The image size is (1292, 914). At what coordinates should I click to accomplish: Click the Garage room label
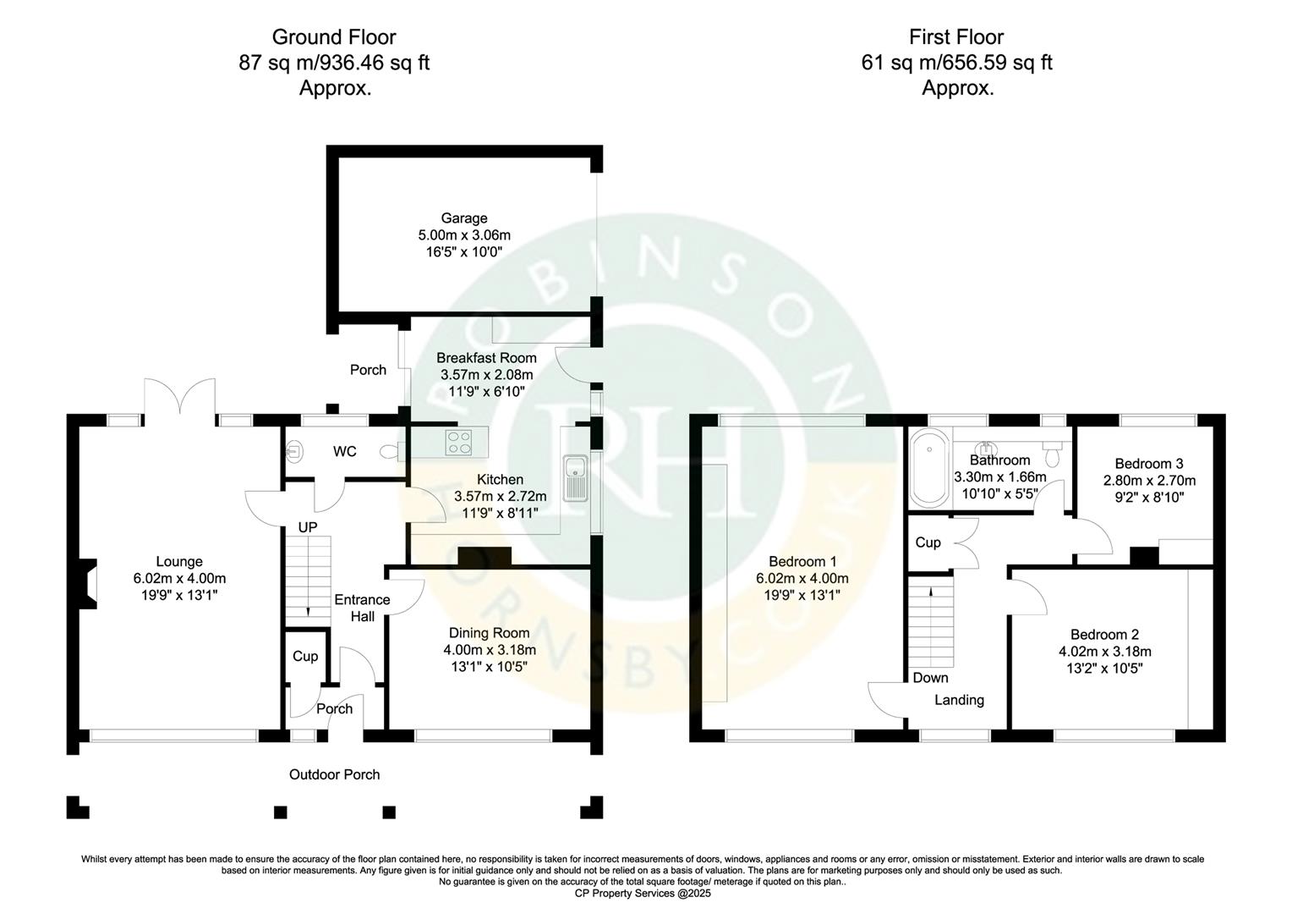[463, 218]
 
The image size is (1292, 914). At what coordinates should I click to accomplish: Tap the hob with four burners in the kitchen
[459, 440]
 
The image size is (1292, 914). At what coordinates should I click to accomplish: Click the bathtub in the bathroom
[929, 468]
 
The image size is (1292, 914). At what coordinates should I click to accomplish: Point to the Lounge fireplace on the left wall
[89, 585]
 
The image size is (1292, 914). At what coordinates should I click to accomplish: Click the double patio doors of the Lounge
[178, 398]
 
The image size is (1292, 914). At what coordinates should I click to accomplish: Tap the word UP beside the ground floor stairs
[307, 527]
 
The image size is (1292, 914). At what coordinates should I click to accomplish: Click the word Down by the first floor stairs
[930, 678]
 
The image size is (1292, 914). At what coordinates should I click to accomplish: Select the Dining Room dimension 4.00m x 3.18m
[489, 650]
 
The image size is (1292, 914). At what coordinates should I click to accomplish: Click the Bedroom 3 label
[1148, 464]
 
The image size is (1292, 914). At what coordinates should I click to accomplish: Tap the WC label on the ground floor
[344, 452]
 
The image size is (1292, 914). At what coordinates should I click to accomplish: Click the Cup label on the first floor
[928, 542]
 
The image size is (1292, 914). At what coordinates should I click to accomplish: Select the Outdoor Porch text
[334, 774]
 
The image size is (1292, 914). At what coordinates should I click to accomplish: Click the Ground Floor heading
[334, 37]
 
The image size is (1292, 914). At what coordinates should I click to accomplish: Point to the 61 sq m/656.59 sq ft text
[956, 63]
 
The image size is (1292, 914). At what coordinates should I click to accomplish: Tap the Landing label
[959, 700]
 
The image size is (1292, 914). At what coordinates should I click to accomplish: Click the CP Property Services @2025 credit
[643, 893]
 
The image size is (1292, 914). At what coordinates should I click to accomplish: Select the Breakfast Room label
[486, 358]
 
